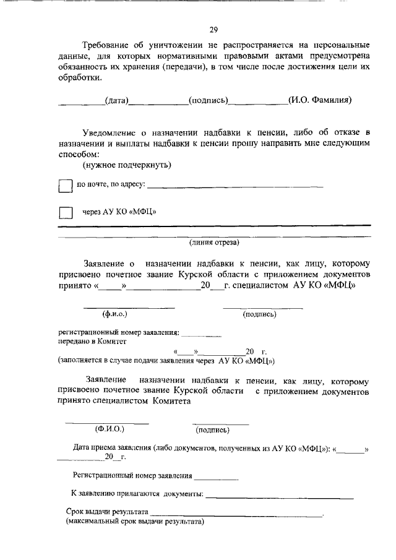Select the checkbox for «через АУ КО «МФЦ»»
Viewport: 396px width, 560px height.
click(x=65, y=212)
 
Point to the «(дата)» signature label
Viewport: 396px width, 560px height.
click(x=116, y=100)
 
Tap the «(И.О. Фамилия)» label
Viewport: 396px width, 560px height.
click(x=320, y=100)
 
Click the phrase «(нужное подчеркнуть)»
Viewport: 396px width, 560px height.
click(x=127, y=165)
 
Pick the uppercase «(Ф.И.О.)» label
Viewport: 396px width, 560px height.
click(x=110, y=428)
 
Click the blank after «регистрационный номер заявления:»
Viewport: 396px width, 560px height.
click(x=201, y=333)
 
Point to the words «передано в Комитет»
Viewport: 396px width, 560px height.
click(x=92, y=341)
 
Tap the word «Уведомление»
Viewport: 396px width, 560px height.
click(x=110, y=132)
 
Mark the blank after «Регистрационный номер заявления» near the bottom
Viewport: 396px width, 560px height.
click(x=216, y=477)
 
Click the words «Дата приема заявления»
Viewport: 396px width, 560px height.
click(x=111, y=447)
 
